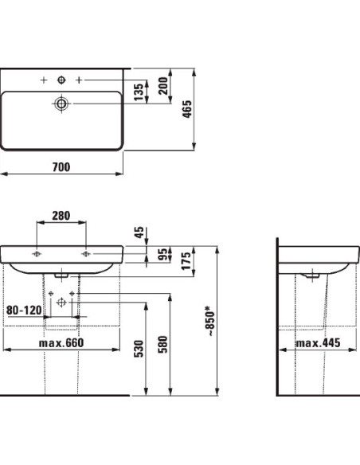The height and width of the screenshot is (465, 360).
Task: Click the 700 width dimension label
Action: tap(61, 166)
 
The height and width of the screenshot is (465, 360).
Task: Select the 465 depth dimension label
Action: tap(209, 108)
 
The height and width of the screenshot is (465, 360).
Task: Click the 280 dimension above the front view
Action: tap(61, 215)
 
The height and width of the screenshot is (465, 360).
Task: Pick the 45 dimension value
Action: tap(139, 232)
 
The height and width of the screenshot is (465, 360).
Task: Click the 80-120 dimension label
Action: tap(22, 311)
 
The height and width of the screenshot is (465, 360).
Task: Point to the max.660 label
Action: tap(61, 342)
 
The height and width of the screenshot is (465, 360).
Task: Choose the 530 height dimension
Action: tap(139, 348)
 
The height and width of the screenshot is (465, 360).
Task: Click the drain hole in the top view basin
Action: tap(61, 103)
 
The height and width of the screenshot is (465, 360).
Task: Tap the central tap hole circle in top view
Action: tap(61, 80)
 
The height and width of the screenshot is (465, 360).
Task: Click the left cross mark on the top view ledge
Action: tap(44, 80)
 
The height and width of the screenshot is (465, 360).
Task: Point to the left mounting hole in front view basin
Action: tap(37, 254)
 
